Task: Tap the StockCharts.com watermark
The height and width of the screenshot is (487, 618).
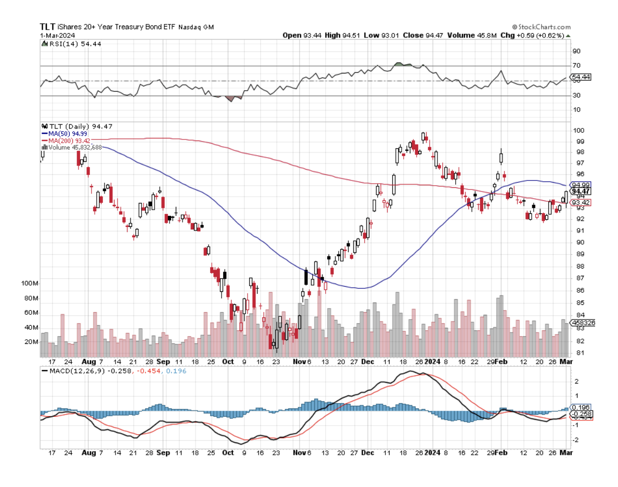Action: coord(541,26)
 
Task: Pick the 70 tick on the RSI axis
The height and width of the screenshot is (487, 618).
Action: coord(576,66)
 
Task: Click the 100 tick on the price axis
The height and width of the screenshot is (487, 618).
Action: coord(578,130)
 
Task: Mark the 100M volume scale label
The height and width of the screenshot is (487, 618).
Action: coord(30,284)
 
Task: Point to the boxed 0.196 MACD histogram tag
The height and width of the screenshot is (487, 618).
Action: coord(580,407)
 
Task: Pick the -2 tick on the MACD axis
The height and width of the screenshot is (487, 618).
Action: coord(575,440)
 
